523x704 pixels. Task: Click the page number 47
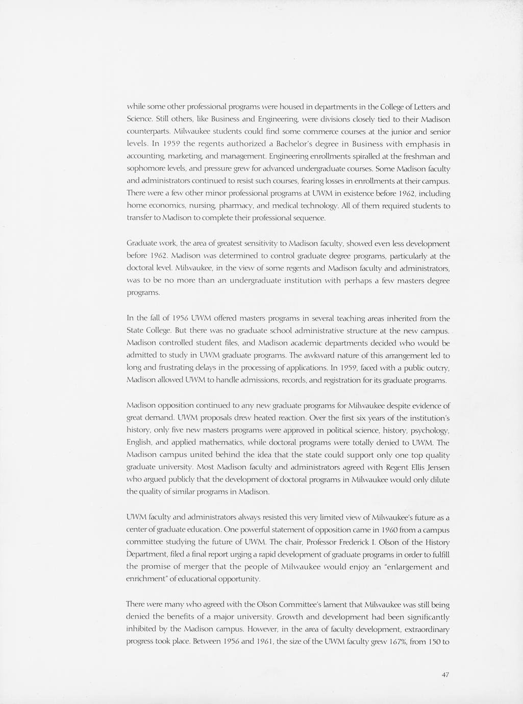[x=445, y=674]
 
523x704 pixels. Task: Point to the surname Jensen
[x=437, y=467]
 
